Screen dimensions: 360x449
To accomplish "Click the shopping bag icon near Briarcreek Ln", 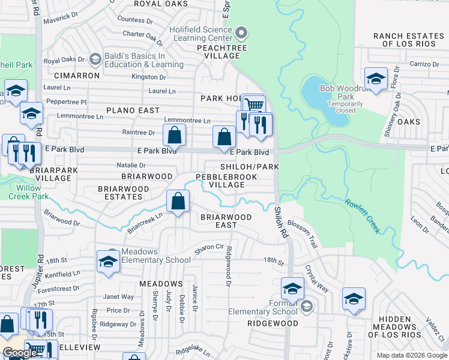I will (178, 202).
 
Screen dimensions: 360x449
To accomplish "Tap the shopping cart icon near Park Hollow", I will (255, 105).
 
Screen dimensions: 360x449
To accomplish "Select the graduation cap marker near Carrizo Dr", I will (376, 79).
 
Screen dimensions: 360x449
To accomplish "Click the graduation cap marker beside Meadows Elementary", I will (108, 262).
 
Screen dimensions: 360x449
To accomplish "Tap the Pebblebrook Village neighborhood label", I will (228, 181).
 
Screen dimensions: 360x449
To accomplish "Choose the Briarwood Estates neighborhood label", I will (124, 193).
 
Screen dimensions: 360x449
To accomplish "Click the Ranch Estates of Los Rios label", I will (408, 40).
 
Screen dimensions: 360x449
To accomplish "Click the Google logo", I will (20, 353).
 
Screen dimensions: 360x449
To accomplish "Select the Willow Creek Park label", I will (25, 192).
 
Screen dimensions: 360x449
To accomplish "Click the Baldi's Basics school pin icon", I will (94, 59).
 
